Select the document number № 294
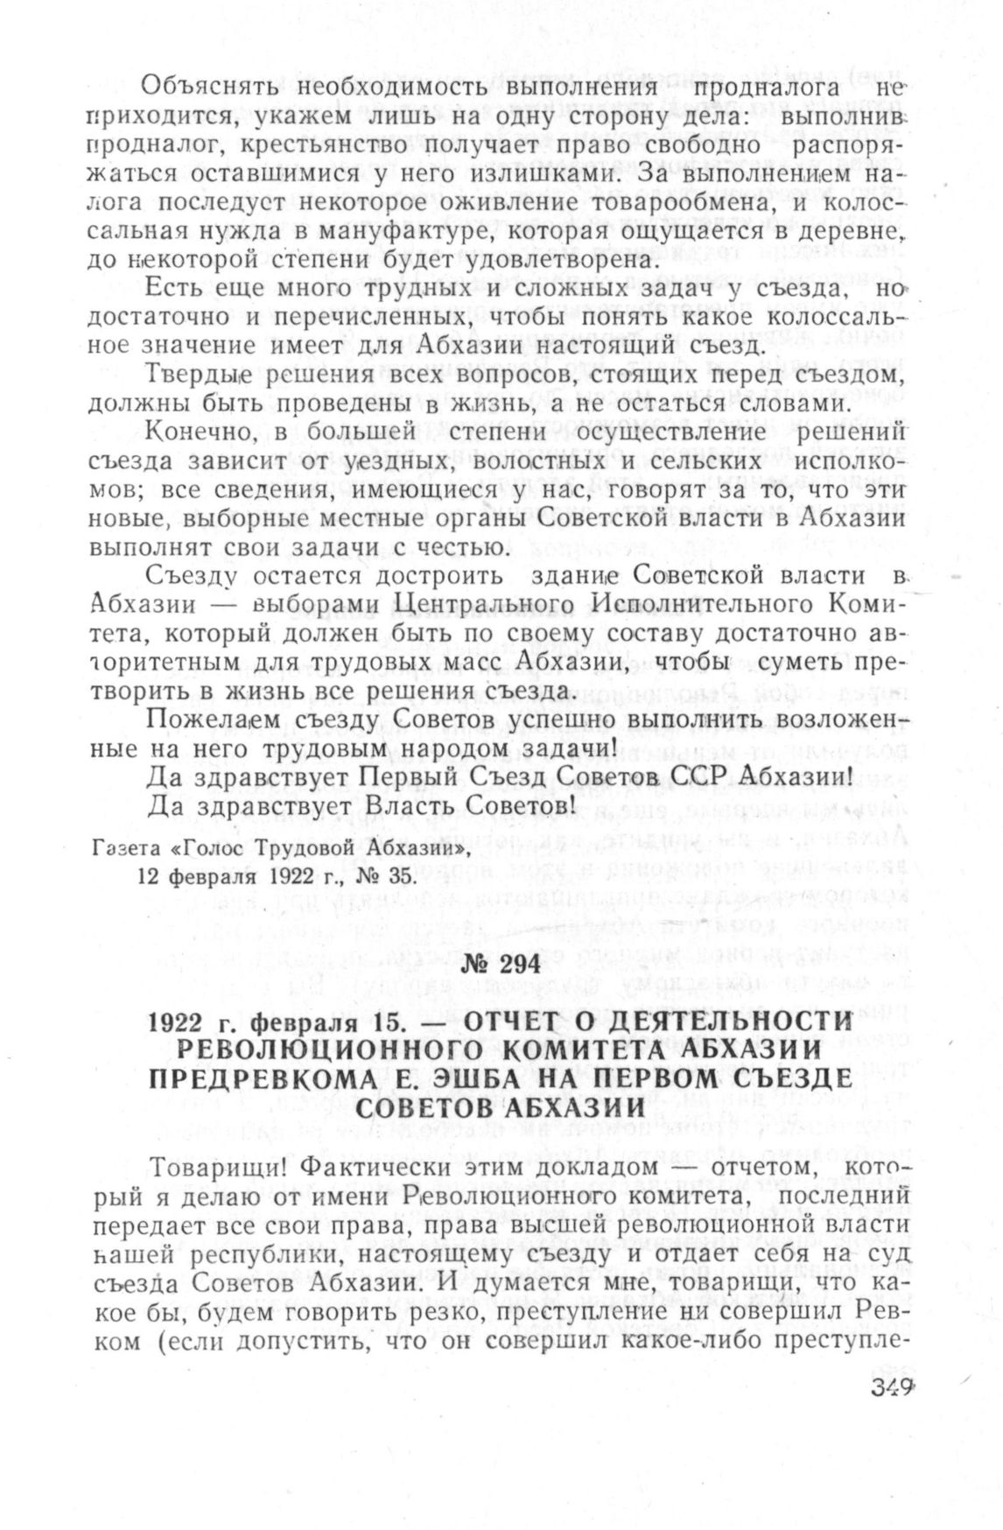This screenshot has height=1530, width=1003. coord(501,965)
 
